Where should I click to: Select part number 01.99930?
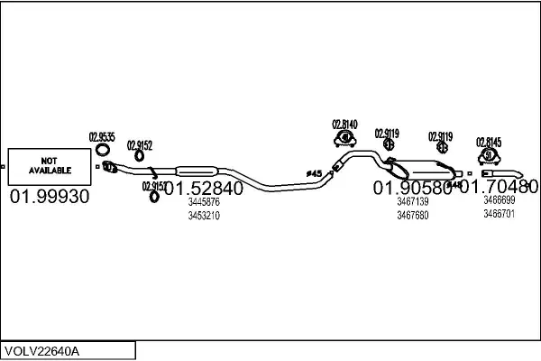pyautogui.click(x=49, y=197)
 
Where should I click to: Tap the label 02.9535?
pyautogui.click(x=102, y=137)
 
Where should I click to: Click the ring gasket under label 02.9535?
pyautogui.click(x=103, y=150)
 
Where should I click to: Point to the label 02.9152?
pyautogui.click(x=140, y=144)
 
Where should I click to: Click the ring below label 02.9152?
pyautogui.click(x=141, y=157)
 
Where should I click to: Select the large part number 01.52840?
pyautogui.click(x=203, y=190)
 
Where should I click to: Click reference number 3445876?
pyautogui.click(x=203, y=202)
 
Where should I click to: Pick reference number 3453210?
pyautogui.click(x=203, y=215)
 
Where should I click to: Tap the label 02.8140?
pyautogui.click(x=344, y=125)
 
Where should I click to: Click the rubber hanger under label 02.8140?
pyautogui.click(x=344, y=138)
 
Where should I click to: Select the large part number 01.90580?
pyautogui.click(x=412, y=189)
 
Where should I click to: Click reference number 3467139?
pyautogui.click(x=412, y=202)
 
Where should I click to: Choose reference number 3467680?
pyautogui.click(x=412, y=215)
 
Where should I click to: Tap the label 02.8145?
pyautogui.click(x=489, y=142)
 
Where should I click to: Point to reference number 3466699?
pyautogui.click(x=499, y=200)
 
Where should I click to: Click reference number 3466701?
pyautogui.click(x=499, y=214)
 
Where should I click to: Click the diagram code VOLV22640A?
pyautogui.click(x=42, y=350)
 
